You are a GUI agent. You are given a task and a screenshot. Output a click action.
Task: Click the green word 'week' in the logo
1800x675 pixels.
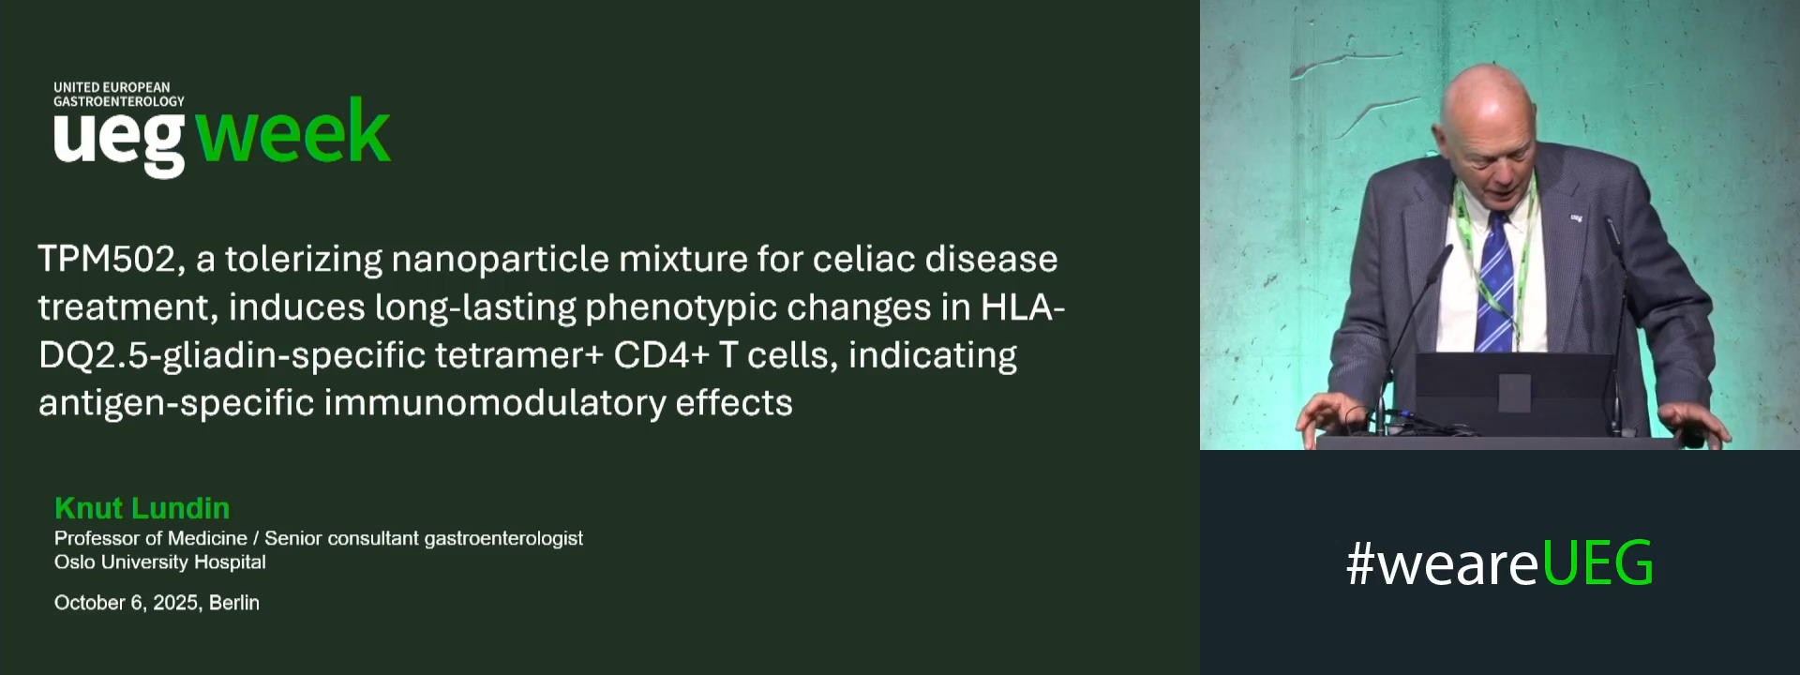point(293,132)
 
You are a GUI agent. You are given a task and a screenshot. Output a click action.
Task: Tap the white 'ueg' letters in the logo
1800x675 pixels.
point(119,141)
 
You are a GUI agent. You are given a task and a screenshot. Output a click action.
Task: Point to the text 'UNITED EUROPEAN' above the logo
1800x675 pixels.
point(112,87)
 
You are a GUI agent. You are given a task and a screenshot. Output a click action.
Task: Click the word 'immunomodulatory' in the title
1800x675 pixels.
point(493,403)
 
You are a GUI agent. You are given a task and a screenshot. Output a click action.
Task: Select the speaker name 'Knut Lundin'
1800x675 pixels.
point(142,508)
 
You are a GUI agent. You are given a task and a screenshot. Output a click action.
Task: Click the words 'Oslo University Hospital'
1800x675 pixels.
point(159,562)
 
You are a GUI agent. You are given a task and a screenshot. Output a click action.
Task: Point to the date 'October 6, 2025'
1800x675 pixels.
point(127,603)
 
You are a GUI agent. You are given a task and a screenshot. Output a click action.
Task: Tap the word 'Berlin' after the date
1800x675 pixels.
point(234,603)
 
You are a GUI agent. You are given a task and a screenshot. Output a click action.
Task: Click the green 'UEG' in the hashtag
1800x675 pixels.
point(1597,563)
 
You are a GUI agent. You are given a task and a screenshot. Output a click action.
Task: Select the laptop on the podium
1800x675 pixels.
point(1514,394)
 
